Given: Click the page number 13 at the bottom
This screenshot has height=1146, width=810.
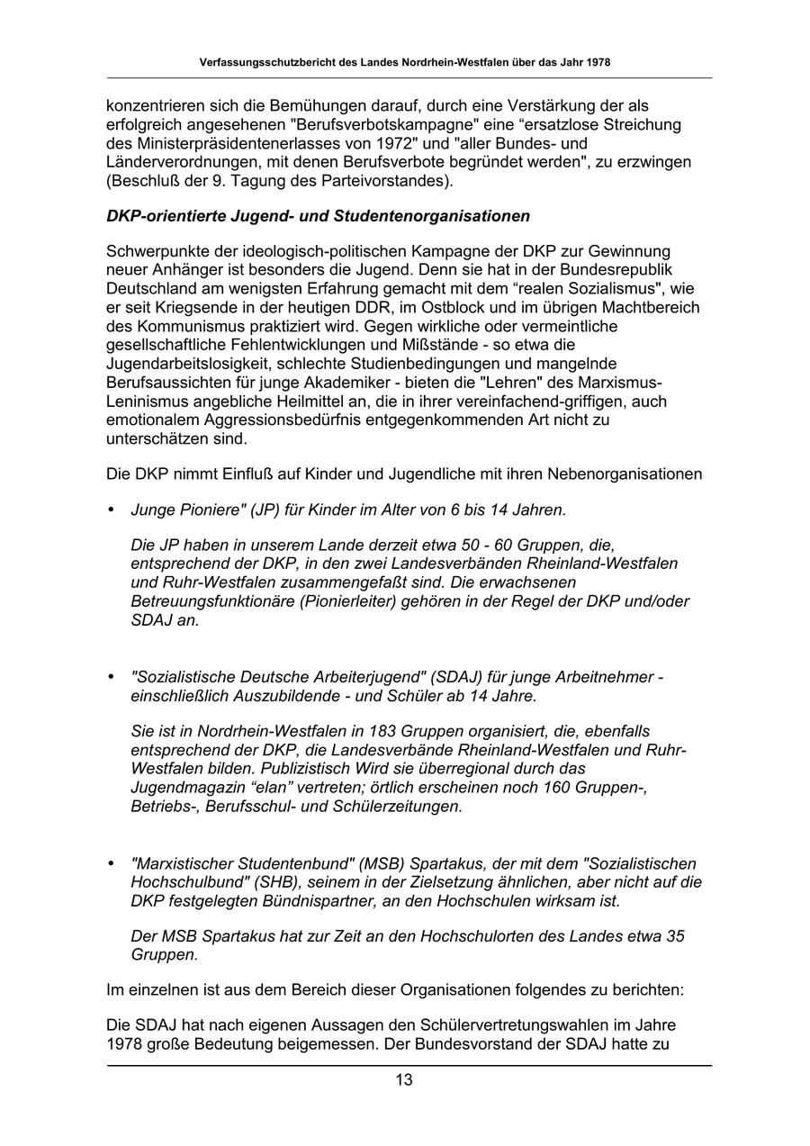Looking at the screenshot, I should point(404,1080).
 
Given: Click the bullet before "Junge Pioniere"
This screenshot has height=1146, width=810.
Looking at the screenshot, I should point(112,510).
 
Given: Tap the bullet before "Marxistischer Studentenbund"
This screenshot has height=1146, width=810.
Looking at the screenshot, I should point(112,863).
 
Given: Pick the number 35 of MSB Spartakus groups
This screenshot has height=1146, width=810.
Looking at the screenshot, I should point(675,936).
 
